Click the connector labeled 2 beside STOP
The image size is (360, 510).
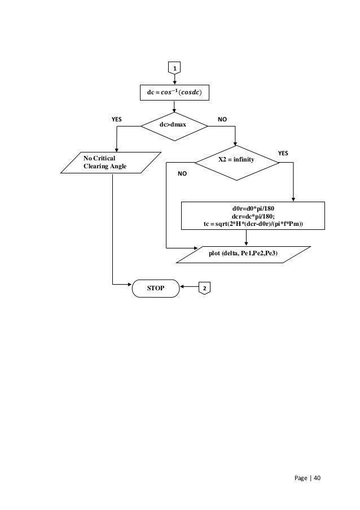pos(204,288)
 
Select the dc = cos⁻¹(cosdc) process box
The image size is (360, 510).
pos(174,93)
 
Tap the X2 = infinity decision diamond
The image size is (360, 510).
pos(236,160)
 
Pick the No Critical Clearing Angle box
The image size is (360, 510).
pos(111,162)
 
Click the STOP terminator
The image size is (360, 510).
pos(156,288)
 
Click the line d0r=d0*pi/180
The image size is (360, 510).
pos(253,208)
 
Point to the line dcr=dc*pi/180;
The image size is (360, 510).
pos(253,216)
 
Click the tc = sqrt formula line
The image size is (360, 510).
pos(253,224)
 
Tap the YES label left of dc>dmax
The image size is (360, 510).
pos(117,120)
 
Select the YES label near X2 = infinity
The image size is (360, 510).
pos(283,153)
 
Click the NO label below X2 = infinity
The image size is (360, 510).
pos(181,175)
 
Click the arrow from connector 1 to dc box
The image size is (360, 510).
pos(174,80)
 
